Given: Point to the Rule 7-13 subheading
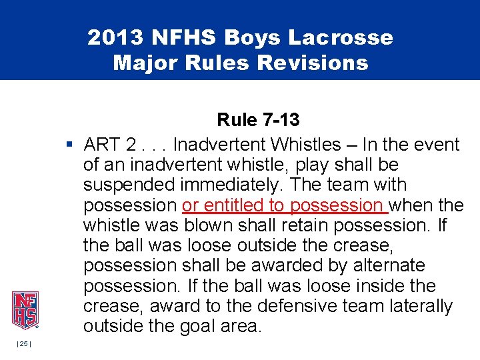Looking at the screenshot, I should click(258, 120).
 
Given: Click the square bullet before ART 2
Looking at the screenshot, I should click(69, 144).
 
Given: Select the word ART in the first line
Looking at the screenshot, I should click(102, 145).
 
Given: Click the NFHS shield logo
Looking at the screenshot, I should click(25, 310).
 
